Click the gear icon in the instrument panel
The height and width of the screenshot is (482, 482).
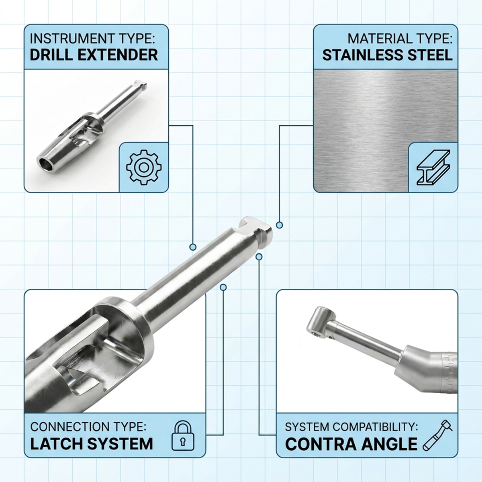coord(144,167)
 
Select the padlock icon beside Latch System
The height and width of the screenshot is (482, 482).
coord(183,435)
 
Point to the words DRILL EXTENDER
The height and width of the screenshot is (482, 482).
coord(94,55)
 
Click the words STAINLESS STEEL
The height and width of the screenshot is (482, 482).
coord(387,55)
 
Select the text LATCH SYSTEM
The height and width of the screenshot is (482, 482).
coord(92,444)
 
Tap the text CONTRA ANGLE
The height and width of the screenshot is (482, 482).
coord(351,444)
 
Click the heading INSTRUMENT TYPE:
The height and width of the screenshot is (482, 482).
coord(92,39)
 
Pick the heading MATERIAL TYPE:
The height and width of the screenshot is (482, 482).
coord(400,39)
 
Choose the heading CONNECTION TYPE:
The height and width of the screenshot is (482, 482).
coord(88,427)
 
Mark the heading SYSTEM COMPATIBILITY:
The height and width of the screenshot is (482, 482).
coord(351,427)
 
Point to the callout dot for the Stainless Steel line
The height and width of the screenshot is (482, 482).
coord(279,225)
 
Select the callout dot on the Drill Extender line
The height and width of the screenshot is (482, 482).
coord(193,247)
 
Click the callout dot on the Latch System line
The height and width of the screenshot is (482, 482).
coord(223,287)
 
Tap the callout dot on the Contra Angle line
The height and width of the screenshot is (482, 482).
coord(259,256)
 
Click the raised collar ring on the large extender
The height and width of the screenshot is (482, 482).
coord(120,309)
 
